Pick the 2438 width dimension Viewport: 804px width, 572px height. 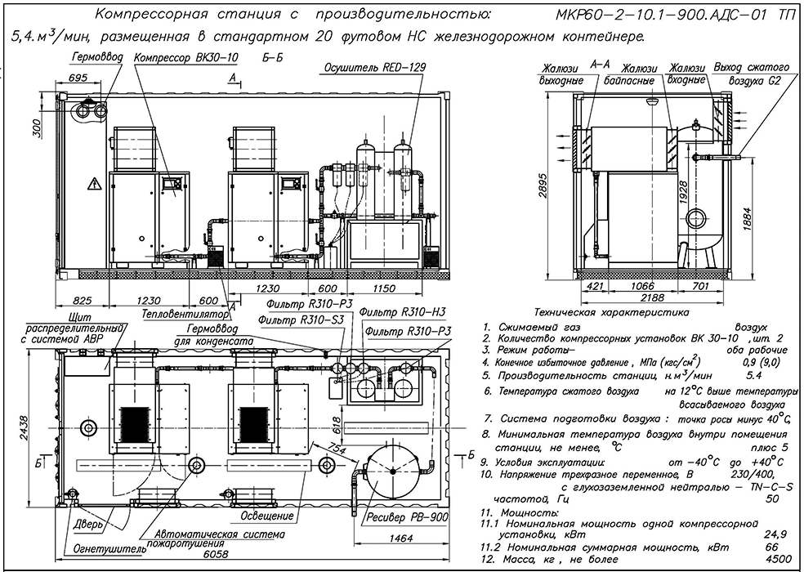pos(25,434)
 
